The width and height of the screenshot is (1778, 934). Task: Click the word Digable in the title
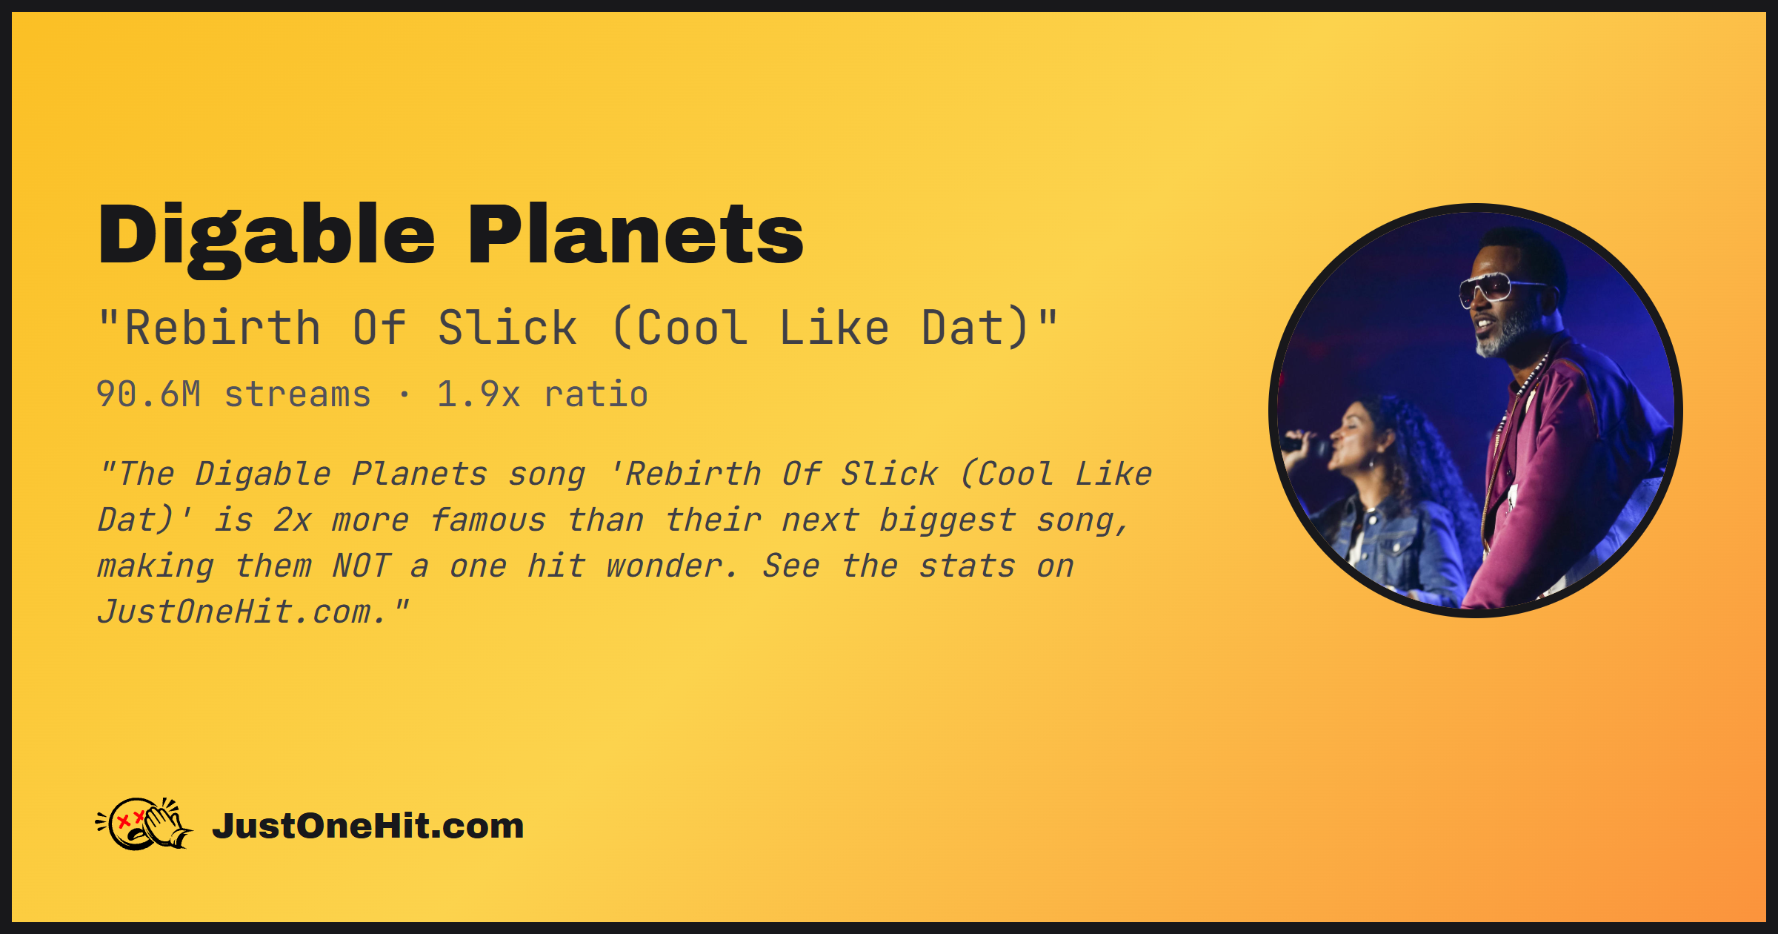coord(266,236)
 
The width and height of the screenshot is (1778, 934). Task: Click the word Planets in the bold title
coord(636,234)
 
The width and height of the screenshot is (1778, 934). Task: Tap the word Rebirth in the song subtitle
coord(223,328)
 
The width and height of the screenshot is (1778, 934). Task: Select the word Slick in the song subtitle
coord(507,328)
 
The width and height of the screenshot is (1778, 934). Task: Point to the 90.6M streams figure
coord(233,394)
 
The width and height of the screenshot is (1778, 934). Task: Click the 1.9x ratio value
coord(542,394)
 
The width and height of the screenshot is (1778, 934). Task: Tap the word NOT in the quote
coord(361,566)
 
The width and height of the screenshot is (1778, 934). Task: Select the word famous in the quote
coord(488,520)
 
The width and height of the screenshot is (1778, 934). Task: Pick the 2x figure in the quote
coord(292,520)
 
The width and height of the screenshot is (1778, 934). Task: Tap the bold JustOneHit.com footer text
coord(367,826)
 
